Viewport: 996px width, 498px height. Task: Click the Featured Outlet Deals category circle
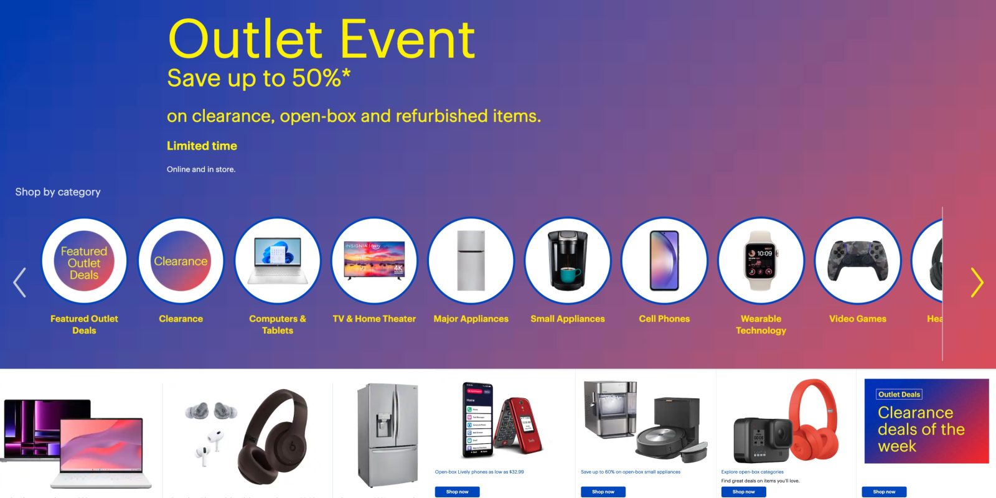84,262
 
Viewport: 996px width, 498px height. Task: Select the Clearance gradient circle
181,261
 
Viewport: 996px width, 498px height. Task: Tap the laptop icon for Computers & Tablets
278,261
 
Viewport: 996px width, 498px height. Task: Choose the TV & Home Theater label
374,319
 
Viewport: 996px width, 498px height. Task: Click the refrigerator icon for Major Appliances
471,261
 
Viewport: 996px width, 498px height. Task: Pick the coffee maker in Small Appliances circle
567,261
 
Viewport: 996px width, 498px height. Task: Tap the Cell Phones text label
664,319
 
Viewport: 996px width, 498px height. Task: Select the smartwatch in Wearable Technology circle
761,261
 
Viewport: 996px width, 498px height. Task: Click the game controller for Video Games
858,261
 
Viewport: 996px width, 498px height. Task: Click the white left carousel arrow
20,283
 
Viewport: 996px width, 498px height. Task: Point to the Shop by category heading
58,192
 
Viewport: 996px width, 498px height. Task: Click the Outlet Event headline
322,39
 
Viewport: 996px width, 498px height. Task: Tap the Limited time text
202,146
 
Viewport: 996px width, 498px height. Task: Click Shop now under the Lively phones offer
457,492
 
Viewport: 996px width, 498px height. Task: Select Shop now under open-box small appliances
603,492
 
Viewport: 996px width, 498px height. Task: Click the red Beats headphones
813,414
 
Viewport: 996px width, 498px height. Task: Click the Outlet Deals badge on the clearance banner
899,395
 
